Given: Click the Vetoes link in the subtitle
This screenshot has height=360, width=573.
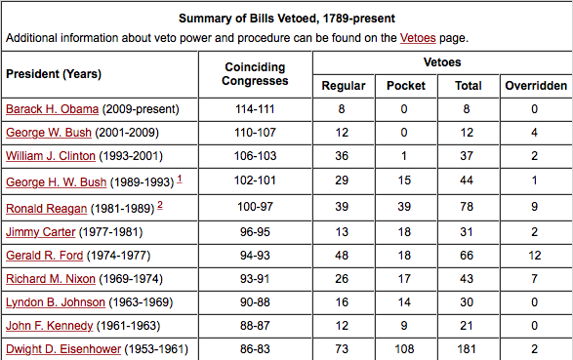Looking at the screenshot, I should [x=417, y=38].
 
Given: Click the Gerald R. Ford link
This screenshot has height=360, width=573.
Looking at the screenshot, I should [x=44, y=256].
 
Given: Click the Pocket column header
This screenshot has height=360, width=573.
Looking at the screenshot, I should [x=406, y=86].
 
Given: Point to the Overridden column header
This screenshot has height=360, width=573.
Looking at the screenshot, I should [x=535, y=86].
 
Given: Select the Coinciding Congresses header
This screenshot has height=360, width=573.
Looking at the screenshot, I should [x=255, y=74].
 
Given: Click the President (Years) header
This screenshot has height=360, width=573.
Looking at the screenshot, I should [x=54, y=74].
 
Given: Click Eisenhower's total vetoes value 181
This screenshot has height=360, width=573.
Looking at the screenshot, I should [x=468, y=349].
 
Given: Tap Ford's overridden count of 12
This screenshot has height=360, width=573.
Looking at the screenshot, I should [x=535, y=256].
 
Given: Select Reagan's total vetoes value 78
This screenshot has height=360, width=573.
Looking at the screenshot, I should [x=468, y=208].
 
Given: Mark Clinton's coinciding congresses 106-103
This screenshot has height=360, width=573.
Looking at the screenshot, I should [x=255, y=156].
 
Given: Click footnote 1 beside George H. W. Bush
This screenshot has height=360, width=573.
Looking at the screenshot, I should [x=180, y=179].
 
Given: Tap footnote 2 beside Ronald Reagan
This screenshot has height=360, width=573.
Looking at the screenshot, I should [x=159, y=204].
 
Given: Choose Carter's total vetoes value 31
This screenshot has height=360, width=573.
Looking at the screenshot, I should [x=468, y=231].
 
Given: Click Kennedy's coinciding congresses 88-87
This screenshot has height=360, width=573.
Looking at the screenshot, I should [x=255, y=326].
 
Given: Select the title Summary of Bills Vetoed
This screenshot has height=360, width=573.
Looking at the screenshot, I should [x=286, y=18].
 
